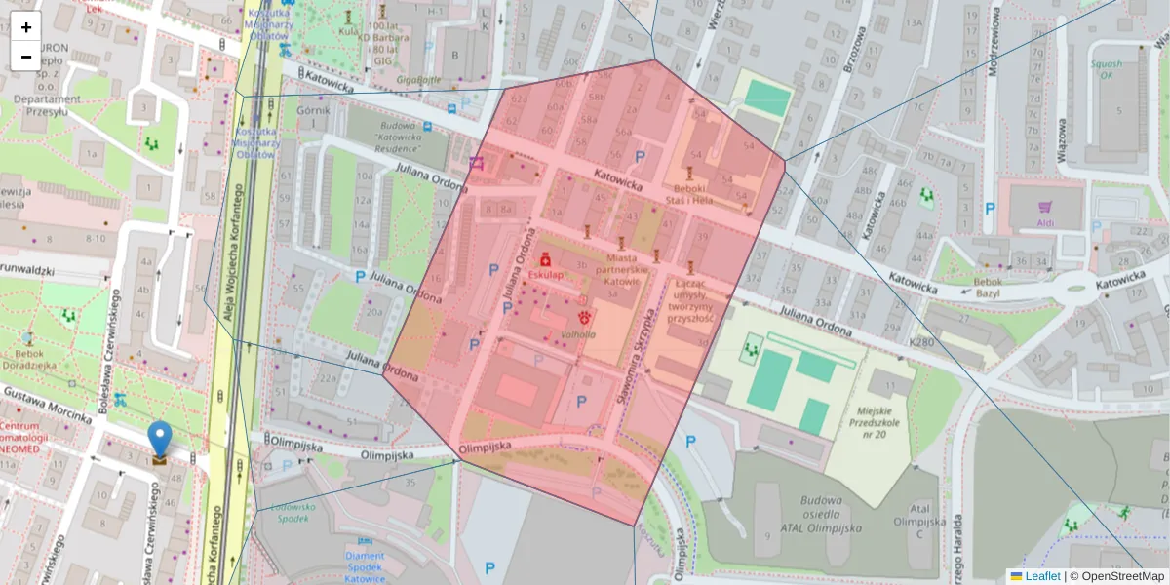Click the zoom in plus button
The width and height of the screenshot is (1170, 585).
click(x=26, y=26)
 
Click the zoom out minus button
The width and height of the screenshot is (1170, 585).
click(x=26, y=56)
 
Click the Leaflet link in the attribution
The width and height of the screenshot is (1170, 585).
click(x=1042, y=576)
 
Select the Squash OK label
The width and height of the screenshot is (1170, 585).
click(x=1107, y=68)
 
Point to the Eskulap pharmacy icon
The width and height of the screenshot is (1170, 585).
click(x=547, y=260)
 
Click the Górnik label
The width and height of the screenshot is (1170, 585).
click(x=314, y=110)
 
